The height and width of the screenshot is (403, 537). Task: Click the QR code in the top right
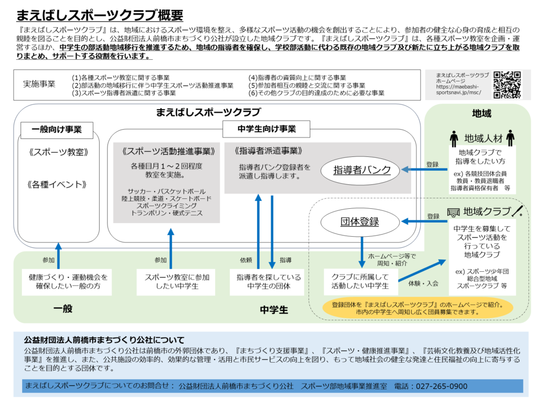point(507,84)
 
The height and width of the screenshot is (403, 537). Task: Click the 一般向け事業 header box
point(57,129)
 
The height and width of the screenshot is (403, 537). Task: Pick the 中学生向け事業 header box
point(266,129)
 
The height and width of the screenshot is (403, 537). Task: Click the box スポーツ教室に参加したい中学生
point(170,281)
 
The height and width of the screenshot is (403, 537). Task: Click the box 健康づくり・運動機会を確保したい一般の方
point(60,281)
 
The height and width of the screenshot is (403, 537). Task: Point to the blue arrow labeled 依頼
point(258,231)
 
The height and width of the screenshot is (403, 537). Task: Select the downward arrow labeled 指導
point(272,231)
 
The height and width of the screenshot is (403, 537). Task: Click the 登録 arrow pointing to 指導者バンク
point(424,169)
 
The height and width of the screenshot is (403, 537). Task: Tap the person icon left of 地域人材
point(454,139)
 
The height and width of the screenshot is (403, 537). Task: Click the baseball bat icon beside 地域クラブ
point(518,211)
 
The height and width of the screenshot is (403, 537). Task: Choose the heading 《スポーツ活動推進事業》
point(167,151)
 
